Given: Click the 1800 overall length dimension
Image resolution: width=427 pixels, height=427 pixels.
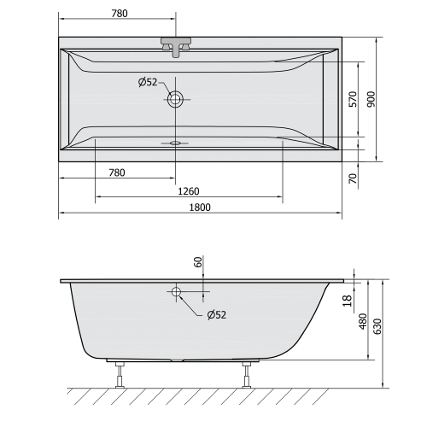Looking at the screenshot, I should pyautogui.click(x=200, y=208).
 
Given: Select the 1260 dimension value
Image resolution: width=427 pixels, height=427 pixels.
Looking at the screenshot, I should pyautogui.click(x=189, y=190).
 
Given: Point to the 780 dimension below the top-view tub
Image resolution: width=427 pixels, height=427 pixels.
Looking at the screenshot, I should pyautogui.click(x=117, y=173).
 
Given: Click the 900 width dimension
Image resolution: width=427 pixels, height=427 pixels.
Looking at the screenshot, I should pyautogui.click(x=371, y=99).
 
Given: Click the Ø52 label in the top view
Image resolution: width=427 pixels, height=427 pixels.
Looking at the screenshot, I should pyautogui.click(x=148, y=82).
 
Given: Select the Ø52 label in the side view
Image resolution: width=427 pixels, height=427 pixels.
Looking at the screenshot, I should pyautogui.click(x=216, y=314).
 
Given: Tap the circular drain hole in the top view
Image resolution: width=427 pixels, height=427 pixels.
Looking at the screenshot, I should pyautogui.click(x=176, y=99).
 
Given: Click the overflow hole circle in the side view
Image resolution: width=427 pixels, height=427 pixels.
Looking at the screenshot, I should pyautogui.click(x=177, y=292).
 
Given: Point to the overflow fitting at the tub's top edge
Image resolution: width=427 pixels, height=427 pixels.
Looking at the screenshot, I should pyautogui.click(x=176, y=46).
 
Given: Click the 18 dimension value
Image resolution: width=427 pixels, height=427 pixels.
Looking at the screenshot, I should pyautogui.click(x=346, y=300).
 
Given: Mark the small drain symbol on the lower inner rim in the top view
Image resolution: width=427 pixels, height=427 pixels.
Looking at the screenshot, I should pyautogui.click(x=176, y=143).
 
